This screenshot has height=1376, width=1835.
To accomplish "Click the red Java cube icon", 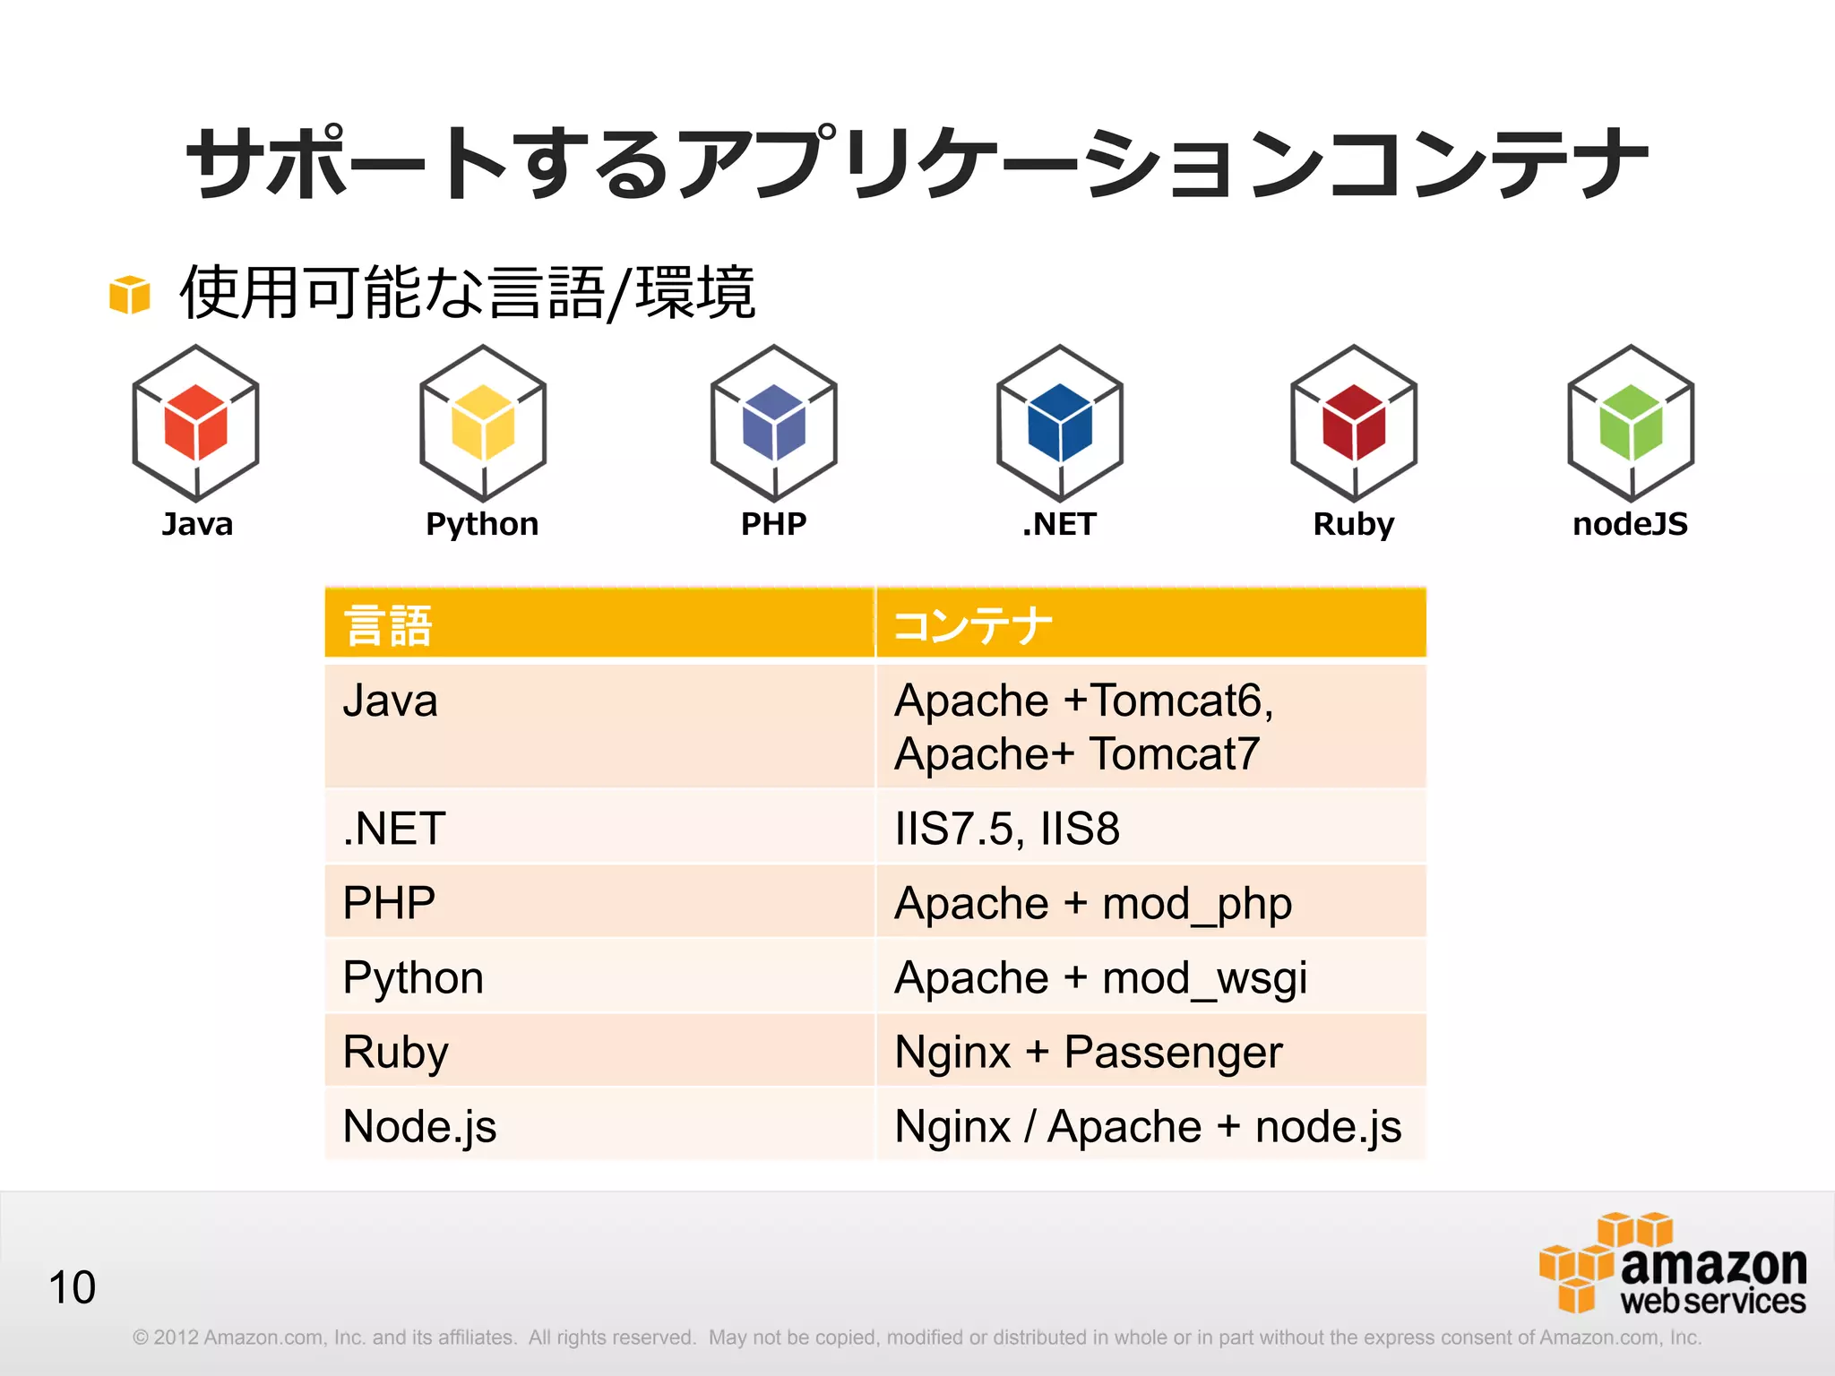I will pyautogui.click(x=195, y=423).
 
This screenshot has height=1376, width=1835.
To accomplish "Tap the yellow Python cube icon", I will pyautogui.click(x=483, y=423).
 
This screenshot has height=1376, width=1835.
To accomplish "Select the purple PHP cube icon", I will pyautogui.click(x=773, y=423).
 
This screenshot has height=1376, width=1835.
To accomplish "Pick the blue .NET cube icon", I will pyautogui.click(x=1060, y=423).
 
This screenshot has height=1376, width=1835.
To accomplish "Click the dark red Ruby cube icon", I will pyautogui.click(x=1354, y=423).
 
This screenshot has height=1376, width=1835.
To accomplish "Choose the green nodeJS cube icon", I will pyautogui.click(x=1631, y=423).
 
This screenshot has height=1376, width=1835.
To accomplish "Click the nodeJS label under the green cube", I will pyautogui.click(x=1630, y=524).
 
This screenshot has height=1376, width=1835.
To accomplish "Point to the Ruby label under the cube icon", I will pyautogui.click(x=1353, y=525).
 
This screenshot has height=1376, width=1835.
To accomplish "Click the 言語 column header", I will pyautogui.click(x=388, y=625).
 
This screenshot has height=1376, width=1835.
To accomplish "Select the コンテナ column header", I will pyautogui.click(x=972, y=625).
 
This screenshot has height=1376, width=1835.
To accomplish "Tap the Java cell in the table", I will pyautogui.click(x=391, y=701).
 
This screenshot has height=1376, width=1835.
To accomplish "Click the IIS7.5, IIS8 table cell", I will pyautogui.click(x=1007, y=829).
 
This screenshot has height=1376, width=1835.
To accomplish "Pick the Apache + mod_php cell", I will pyautogui.click(x=1093, y=903).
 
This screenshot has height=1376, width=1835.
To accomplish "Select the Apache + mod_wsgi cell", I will pyautogui.click(x=1100, y=977).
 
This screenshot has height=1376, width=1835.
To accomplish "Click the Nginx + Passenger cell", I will pyautogui.click(x=1089, y=1052).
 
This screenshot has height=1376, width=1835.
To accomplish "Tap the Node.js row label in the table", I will pyautogui.click(x=419, y=1126).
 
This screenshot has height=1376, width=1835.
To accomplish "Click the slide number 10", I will pyautogui.click(x=72, y=1287).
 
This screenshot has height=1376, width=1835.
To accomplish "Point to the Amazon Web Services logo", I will pyautogui.click(x=1673, y=1264).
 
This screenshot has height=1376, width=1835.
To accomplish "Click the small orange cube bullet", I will pyautogui.click(x=129, y=295).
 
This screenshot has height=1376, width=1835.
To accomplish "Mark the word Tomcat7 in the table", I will pyautogui.click(x=1175, y=754).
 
